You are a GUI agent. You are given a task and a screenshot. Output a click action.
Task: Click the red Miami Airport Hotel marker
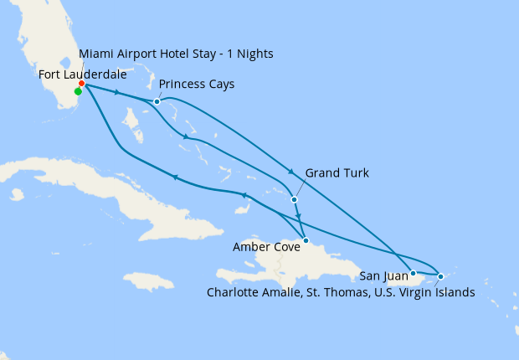[x=81, y=84]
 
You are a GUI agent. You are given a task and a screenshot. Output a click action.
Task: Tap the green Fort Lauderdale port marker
[x=78, y=92]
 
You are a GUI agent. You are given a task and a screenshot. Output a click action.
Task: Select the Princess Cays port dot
[x=157, y=102]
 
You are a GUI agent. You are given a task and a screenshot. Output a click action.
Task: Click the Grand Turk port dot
[x=294, y=200]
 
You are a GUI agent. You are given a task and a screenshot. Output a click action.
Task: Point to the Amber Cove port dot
[x=306, y=241]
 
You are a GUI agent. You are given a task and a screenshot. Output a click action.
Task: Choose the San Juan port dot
[x=413, y=273]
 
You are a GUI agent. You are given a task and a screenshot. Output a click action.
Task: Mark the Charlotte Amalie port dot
[x=440, y=275]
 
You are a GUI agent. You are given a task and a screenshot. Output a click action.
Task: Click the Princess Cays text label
[x=196, y=85]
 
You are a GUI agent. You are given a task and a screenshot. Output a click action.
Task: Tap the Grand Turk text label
[x=337, y=173]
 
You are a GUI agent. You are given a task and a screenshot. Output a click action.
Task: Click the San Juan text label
[x=383, y=275]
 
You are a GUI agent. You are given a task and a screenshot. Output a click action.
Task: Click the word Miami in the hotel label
[x=95, y=54]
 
